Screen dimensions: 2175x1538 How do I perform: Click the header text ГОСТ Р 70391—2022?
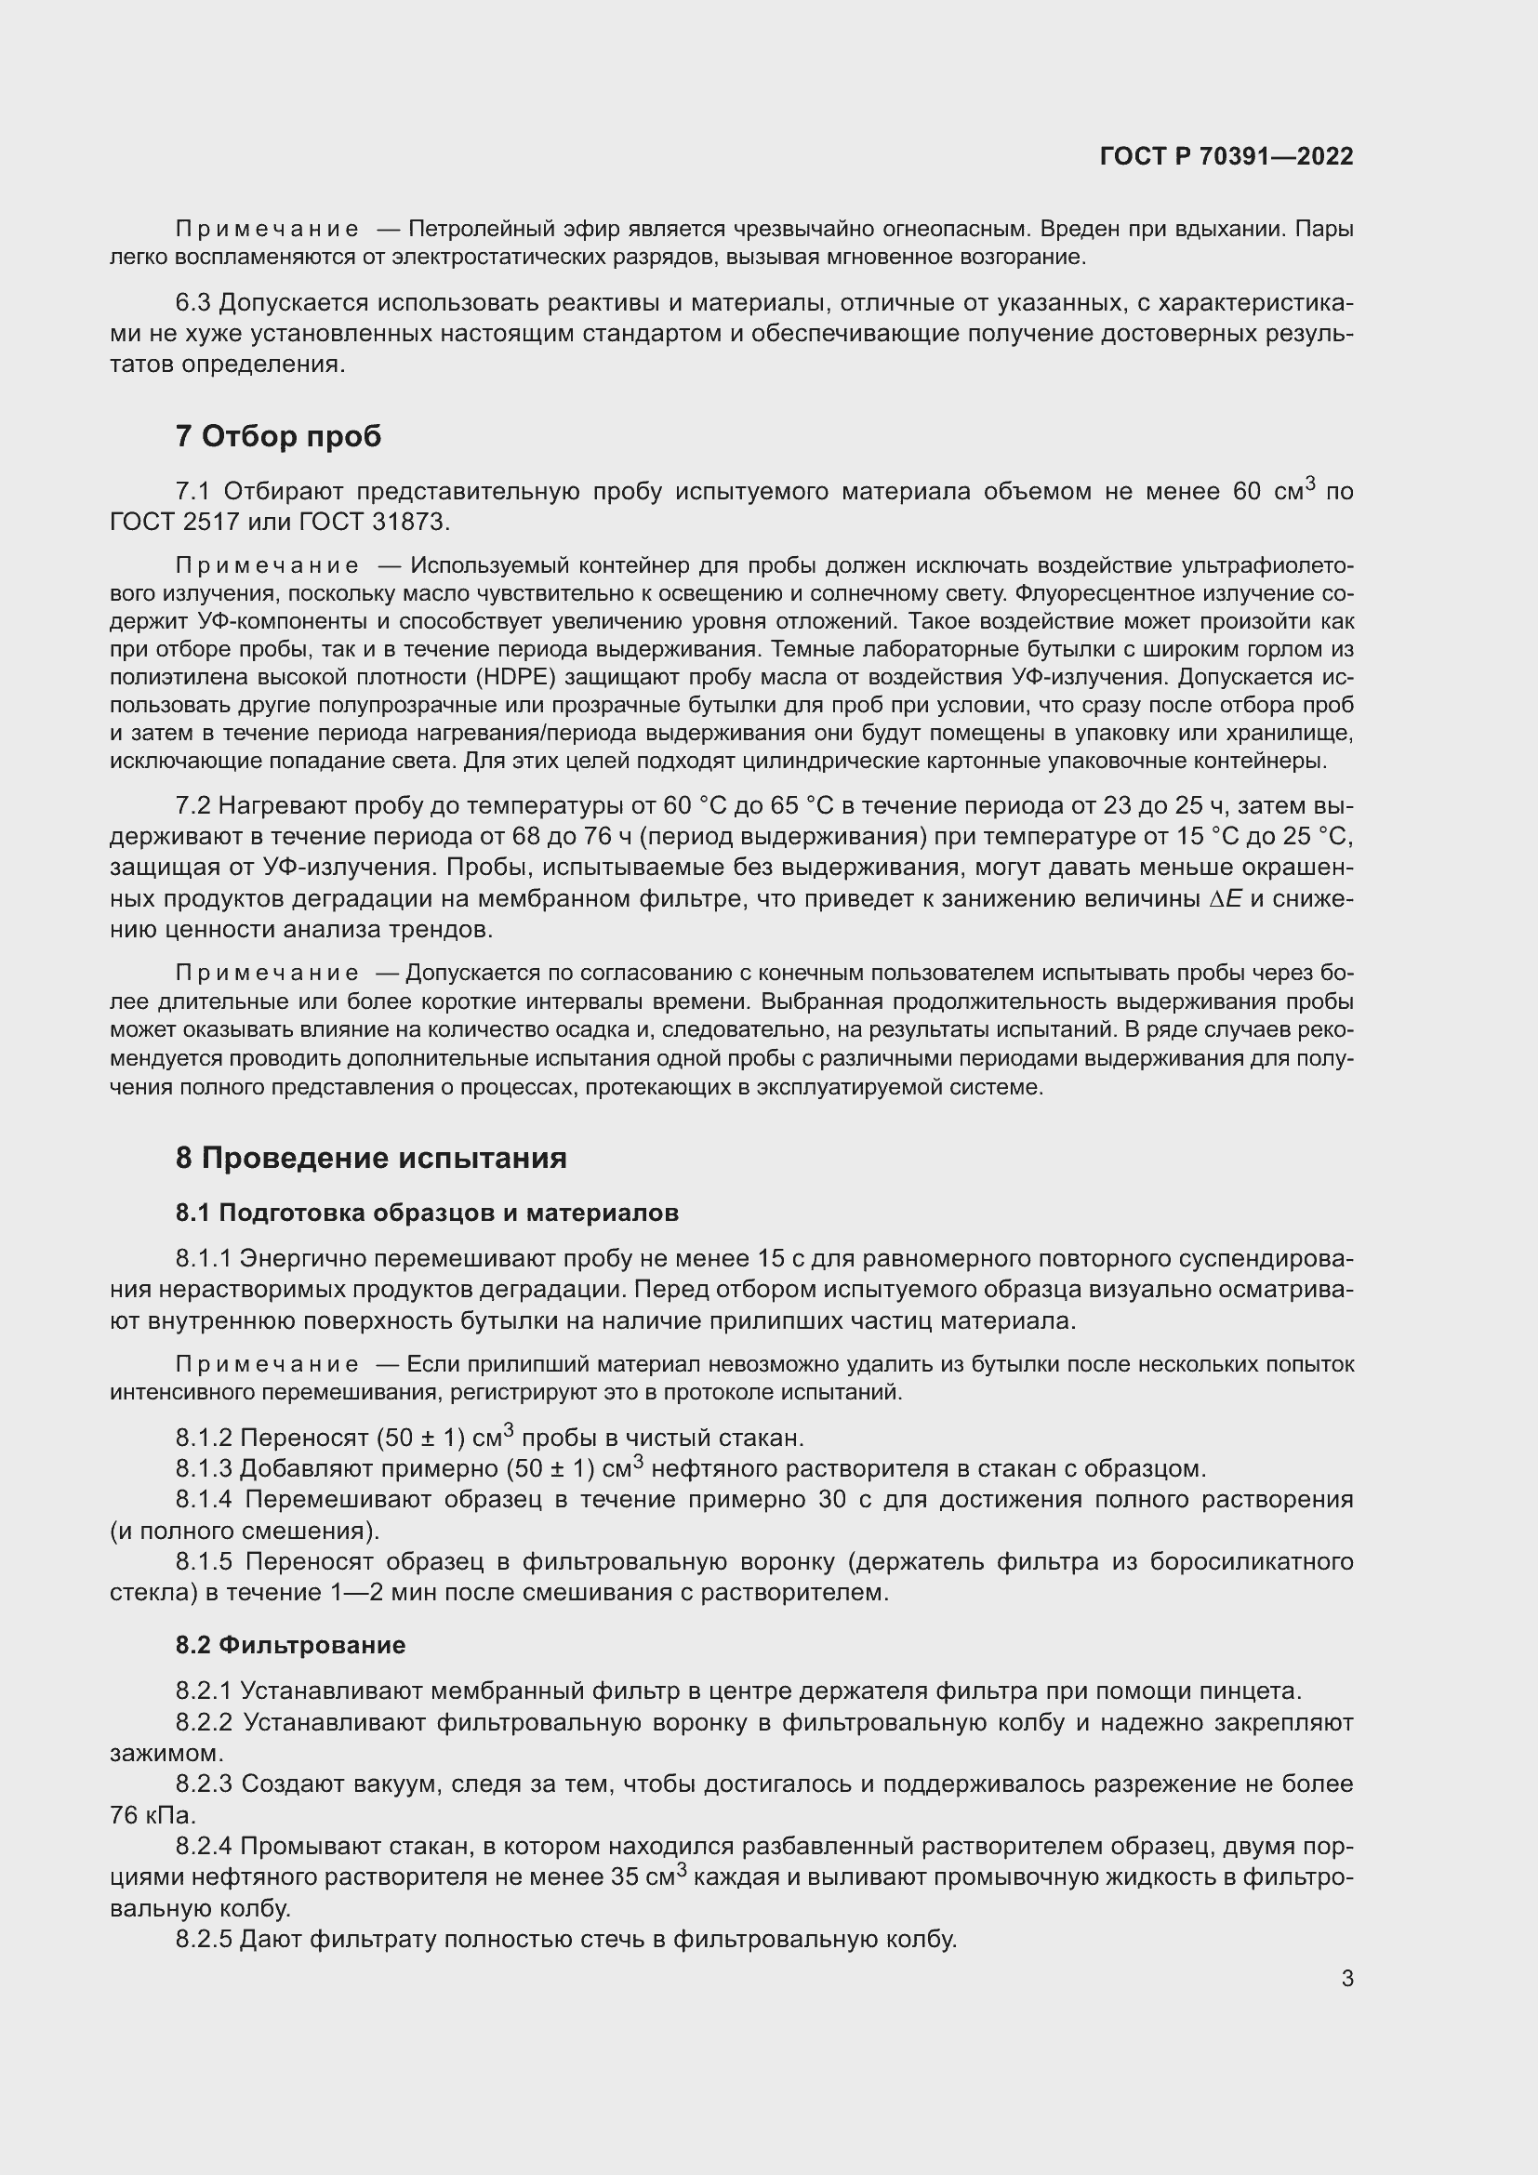pos(1226,156)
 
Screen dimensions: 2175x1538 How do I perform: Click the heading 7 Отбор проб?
pos(277,436)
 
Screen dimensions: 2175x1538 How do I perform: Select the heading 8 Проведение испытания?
pos(370,1158)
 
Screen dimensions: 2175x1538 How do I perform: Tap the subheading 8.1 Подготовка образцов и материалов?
pos(426,1213)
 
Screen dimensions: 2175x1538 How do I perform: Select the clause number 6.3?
pos(192,303)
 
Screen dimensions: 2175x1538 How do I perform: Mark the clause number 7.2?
pos(192,805)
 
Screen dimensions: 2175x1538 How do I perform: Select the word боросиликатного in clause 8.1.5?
pos(1251,1561)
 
